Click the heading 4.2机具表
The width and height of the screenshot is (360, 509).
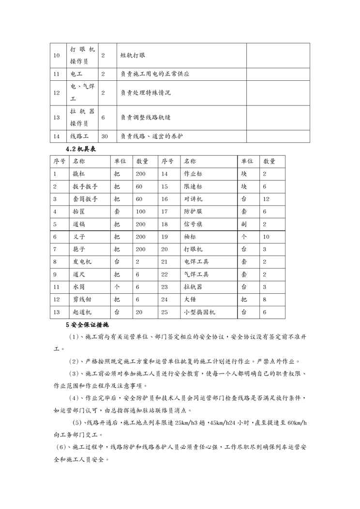81,149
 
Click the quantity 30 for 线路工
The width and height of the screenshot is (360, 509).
105,136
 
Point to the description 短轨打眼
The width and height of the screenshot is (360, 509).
133,55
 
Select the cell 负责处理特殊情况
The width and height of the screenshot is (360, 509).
146,92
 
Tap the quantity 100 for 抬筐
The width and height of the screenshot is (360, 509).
141,211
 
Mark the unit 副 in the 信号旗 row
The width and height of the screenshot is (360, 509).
244,224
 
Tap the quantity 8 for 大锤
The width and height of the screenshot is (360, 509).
264,299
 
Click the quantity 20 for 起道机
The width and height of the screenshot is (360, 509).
139,312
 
